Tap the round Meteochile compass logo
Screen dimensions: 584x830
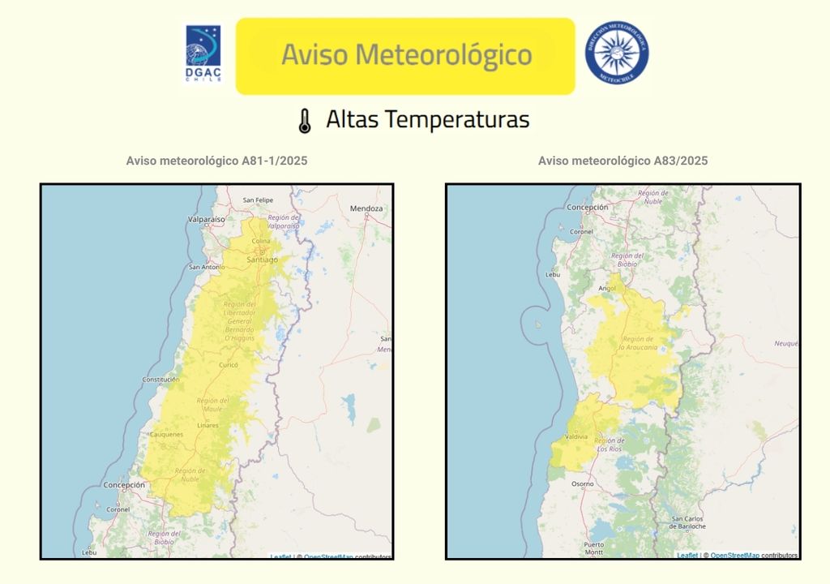coord(617,54)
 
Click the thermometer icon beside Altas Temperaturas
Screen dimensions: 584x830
coord(304,121)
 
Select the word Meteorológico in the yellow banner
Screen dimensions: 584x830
coord(443,55)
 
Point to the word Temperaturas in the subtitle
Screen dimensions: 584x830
coord(457,120)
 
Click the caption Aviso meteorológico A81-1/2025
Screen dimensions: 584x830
coord(216,161)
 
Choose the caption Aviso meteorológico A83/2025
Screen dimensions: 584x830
coord(622,161)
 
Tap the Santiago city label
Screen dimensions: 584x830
coord(262,260)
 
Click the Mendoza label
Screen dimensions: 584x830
coord(366,208)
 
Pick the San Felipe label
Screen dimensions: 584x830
coord(258,200)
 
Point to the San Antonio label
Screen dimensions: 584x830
coord(206,267)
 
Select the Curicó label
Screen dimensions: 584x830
coord(229,365)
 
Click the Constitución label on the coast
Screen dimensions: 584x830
coord(160,380)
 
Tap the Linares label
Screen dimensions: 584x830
coord(208,425)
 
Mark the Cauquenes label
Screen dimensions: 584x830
coord(166,435)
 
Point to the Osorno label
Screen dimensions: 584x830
coord(582,483)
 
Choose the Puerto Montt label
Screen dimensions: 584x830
coord(593,547)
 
